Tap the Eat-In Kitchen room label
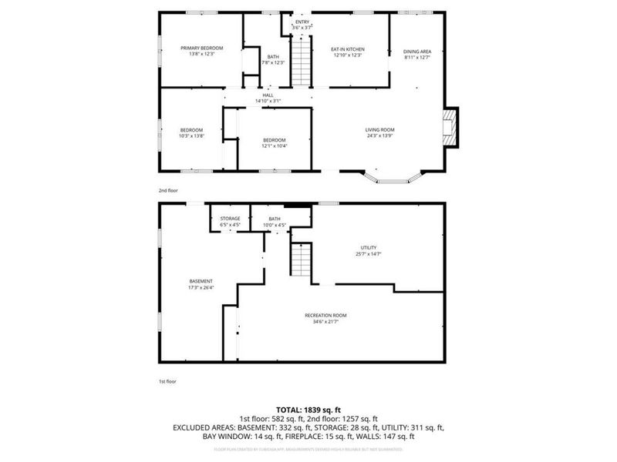(x=348, y=49)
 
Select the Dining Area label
(x=417, y=51)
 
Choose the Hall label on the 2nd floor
(x=268, y=95)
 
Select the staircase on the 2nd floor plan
(x=302, y=62)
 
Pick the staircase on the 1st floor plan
(x=299, y=259)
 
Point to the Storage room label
(x=230, y=219)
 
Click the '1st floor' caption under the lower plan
(x=166, y=380)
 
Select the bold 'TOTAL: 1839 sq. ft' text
(x=308, y=409)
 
